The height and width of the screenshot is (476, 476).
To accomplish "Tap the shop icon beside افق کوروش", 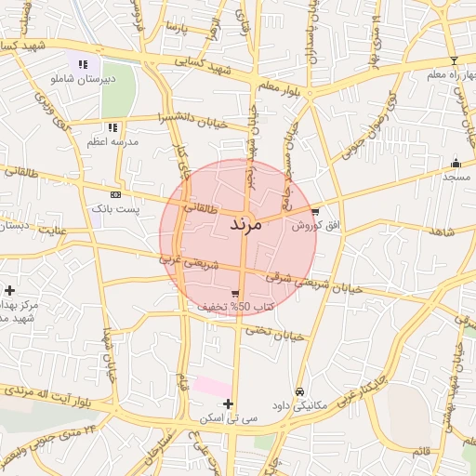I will coord(317,212).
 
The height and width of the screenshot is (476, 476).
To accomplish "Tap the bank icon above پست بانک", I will coord(115,195).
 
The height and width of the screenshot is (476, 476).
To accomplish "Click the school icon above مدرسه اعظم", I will coord(112,127).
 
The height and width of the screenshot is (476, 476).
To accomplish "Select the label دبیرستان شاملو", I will coord(83,80).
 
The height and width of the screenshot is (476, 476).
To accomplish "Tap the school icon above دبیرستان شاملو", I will coord(83,65).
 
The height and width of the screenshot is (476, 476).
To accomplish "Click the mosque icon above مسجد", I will coord(456,163).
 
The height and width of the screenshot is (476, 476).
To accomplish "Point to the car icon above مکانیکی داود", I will coord(299,392).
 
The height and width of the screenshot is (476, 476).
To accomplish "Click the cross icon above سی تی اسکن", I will coord(228,403).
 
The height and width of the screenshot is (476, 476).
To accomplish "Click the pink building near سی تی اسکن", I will coord(212,385).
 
